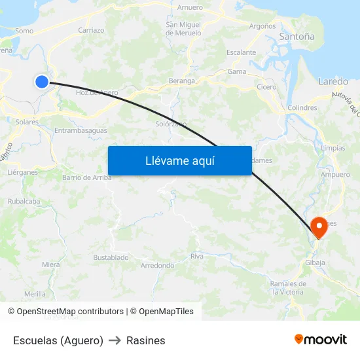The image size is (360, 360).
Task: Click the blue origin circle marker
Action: coord(42,81)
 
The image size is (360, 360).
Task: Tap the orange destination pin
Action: coord(319,228)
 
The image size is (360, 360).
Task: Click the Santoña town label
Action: coord(297,37)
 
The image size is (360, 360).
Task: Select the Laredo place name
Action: coord(333,82)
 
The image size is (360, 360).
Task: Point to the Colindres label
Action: coord(302,108)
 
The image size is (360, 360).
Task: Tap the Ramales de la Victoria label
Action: coord(288,288)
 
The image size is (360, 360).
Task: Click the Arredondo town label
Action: coord(157,266)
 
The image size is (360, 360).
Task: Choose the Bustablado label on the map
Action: coord(111,258)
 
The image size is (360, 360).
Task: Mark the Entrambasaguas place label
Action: coord(81,131)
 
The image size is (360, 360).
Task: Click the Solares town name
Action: coord(27,122)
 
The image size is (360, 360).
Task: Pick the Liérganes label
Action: coord(22,172)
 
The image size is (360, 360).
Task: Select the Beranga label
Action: coord(182,81)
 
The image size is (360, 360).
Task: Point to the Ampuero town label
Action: coord(336,175)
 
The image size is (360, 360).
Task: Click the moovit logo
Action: coord(320,339)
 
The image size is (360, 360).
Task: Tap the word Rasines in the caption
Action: coord(145,340)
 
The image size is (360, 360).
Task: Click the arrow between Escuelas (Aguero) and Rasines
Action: coord(115,340)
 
